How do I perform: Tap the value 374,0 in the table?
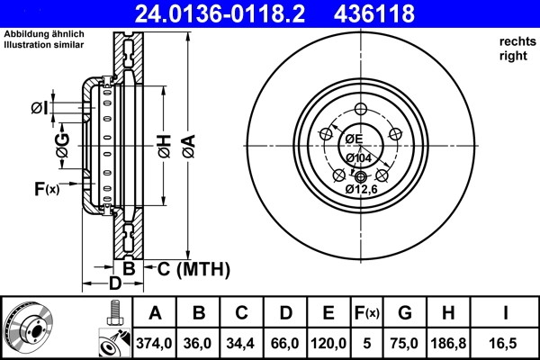154,343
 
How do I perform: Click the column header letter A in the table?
154,313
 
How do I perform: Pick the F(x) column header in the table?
367,313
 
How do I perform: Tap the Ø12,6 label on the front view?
362,189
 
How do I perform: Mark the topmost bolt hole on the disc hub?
361,109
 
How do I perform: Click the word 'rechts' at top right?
516,41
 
